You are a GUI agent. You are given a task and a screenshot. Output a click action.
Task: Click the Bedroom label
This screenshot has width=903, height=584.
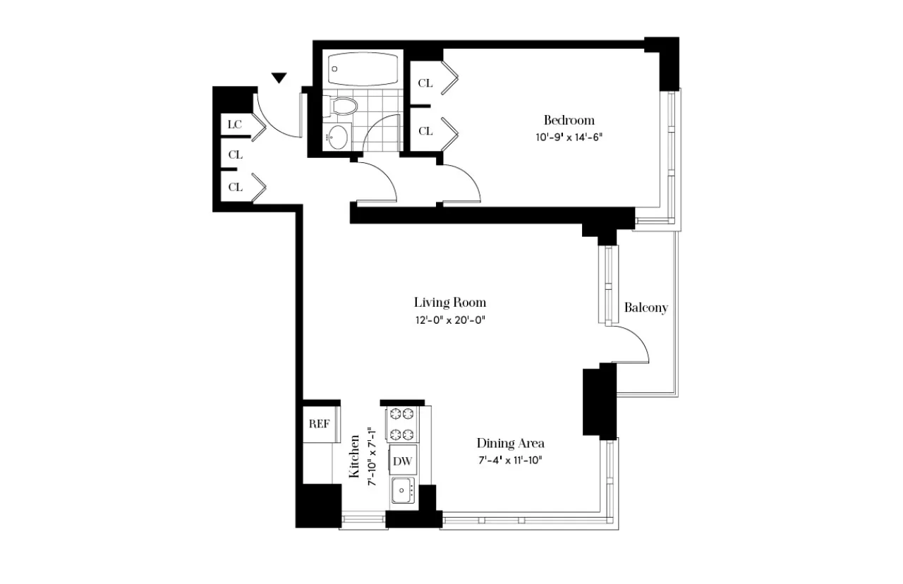pyautogui.click(x=569, y=120)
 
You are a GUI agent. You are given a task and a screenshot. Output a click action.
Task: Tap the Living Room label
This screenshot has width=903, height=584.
pyautogui.click(x=449, y=303)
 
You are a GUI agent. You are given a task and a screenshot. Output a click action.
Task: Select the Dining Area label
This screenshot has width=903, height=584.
pyautogui.click(x=510, y=444)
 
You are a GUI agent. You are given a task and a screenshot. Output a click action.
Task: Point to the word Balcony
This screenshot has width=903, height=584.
pyautogui.click(x=646, y=308)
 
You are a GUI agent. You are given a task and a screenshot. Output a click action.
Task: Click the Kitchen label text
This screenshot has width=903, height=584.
pyautogui.click(x=356, y=456)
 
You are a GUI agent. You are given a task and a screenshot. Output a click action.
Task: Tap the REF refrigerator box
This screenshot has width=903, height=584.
pyautogui.click(x=320, y=424)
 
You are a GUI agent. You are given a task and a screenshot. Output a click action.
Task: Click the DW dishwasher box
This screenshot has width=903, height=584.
pyautogui.click(x=402, y=461)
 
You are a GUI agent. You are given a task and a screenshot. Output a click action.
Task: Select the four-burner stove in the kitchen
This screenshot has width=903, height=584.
pyautogui.click(x=401, y=424)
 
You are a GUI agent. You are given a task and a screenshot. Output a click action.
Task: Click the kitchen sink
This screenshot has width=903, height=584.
pyautogui.click(x=404, y=489)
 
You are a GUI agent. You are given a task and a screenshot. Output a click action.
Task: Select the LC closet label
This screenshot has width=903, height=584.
pyautogui.click(x=235, y=125)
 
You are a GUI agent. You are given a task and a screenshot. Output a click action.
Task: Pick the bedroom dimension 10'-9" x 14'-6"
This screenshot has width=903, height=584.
pyautogui.click(x=569, y=137)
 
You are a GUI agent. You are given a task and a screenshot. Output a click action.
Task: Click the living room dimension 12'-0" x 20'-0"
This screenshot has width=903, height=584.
pyautogui.click(x=450, y=320)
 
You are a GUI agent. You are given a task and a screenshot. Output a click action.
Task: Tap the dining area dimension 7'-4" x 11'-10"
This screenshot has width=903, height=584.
pyautogui.click(x=510, y=461)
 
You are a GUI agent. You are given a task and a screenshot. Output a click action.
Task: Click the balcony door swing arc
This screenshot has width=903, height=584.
pyautogui.click(x=635, y=342)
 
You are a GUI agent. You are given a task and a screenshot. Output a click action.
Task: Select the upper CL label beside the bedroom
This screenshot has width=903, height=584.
pyautogui.click(x=425, y=83)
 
